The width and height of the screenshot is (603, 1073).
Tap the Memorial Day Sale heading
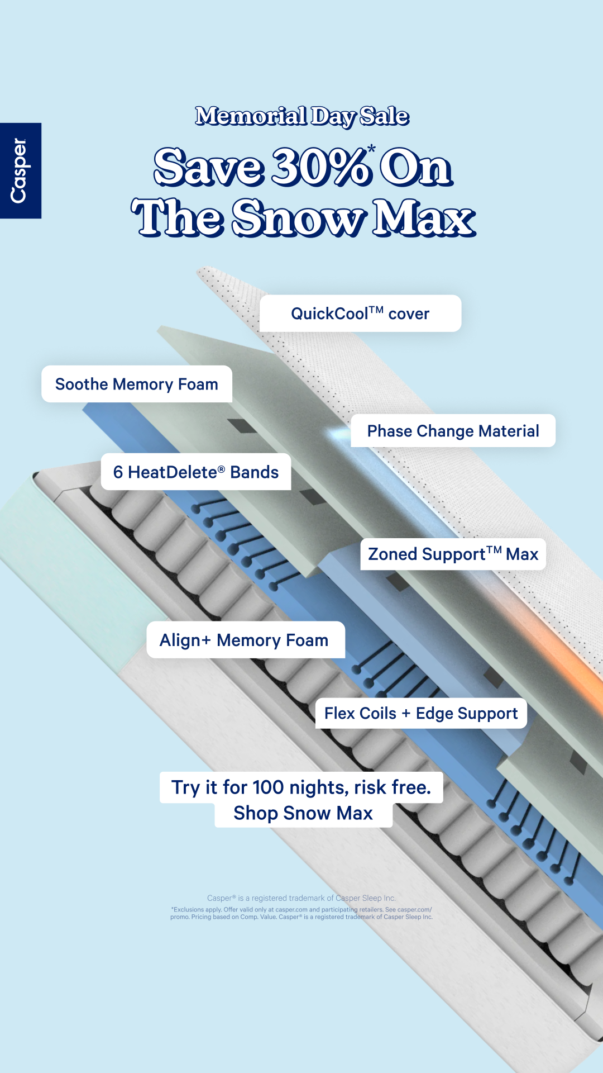click(302, 116)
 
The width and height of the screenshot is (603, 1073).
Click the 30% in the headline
click(321, 167)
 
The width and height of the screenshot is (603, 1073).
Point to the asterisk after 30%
click(371, 149)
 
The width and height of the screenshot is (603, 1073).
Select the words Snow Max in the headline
click(353, 217)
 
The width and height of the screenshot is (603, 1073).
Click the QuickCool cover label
click(360, 314)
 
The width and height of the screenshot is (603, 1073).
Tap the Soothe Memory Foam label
click(137, 384)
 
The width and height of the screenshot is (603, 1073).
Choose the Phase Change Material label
click(453, 431)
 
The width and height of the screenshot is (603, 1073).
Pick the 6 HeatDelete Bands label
click(196, 472)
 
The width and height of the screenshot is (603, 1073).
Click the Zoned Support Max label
click(453, 554)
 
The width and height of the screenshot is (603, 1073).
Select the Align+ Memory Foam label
click(245, 640)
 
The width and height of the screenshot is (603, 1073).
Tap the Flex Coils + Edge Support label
click(421, 713)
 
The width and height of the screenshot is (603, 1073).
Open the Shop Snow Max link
click(303, 813)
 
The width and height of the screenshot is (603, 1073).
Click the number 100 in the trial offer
click(268, 787)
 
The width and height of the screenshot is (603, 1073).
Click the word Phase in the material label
click(390, 431)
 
